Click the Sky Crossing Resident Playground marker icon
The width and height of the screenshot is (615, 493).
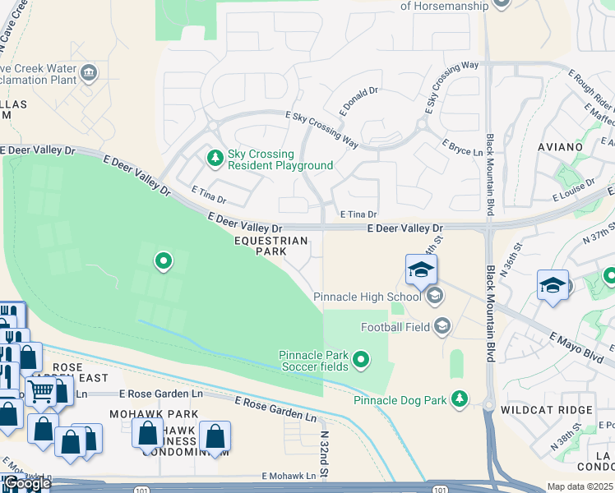[x=215, y=157]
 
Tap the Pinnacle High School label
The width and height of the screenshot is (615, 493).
[x=367, y=296]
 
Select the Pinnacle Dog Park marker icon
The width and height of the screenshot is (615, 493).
[x=460, y=400]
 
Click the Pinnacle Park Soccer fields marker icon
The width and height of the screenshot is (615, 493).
[x=360, y=359]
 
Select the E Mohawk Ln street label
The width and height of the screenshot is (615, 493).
[x=289, y=476]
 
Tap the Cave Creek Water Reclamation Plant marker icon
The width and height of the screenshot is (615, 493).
[x=88, y=72]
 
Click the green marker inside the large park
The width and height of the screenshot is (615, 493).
[x=164, y=262]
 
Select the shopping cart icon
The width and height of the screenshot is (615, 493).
[x=41, y=393]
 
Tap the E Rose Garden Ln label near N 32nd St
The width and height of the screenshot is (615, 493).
[x=275, y=408]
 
